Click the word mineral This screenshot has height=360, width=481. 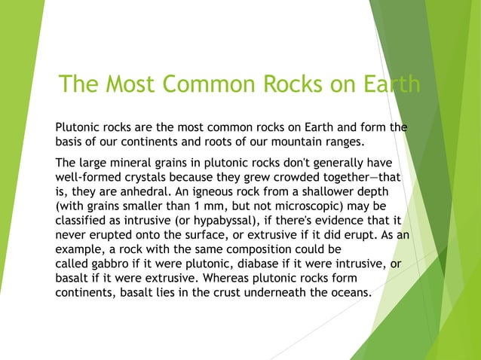pyautogui.click(x=134, y=163)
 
